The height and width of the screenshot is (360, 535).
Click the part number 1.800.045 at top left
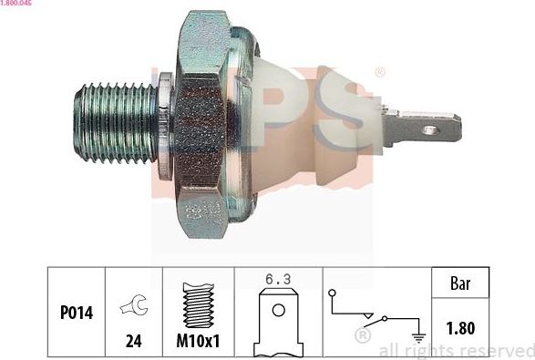pyautogui.click(x=18, y=4)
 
